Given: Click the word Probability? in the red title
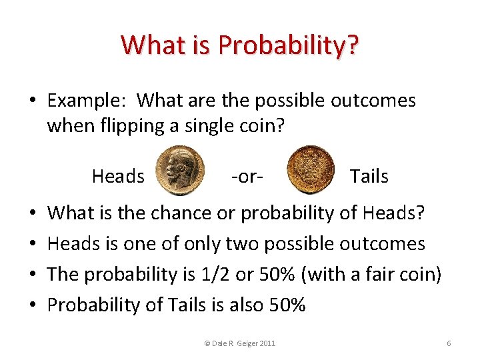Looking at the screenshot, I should (x=287, y=45).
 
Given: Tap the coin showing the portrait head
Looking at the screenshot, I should (x=180, y=171).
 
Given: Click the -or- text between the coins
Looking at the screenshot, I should (x=247, y=176).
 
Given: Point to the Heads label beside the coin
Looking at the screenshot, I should (x=118, y=176).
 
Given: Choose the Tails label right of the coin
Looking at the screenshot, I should (x=369, y=176).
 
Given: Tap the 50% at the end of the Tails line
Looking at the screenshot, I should (x=286, y=305).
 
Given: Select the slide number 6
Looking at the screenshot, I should (x=449, y=343).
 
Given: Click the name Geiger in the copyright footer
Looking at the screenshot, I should (x=247, y=343).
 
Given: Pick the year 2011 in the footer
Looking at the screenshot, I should (x=267, y=343).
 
